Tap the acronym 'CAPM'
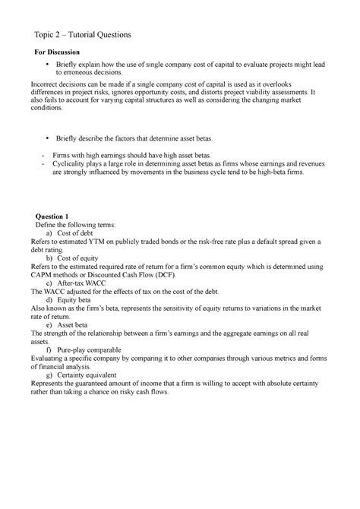click(x=43, y=274)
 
